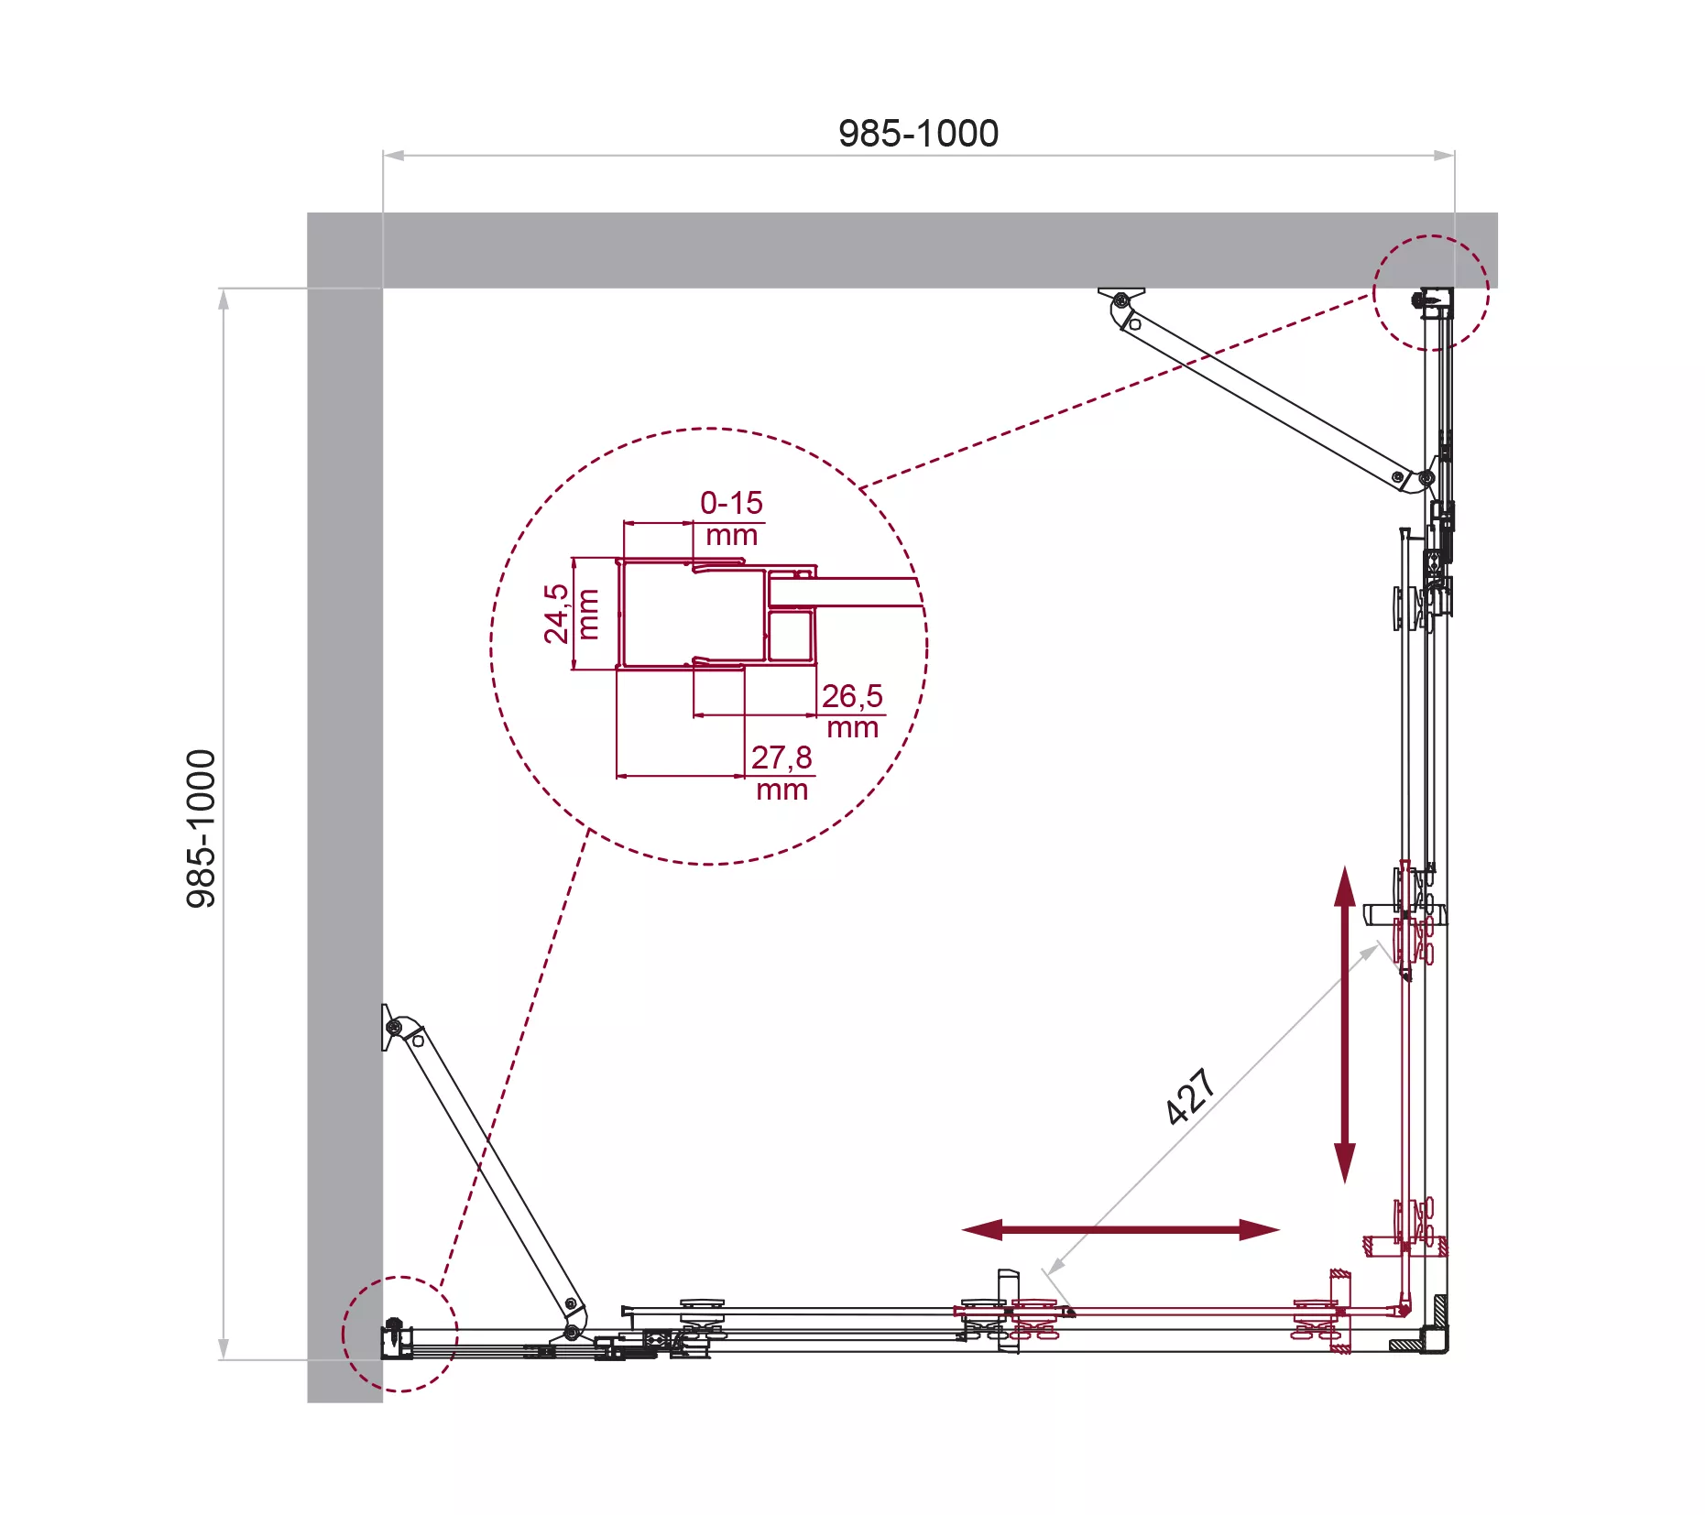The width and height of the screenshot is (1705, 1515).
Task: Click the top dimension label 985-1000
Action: [x=918, y=134]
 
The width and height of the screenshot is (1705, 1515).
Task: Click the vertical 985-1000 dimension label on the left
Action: [x=202, y=829]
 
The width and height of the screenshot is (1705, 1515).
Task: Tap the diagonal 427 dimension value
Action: [x=1190, y=1096]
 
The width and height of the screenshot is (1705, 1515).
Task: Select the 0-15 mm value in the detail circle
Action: [x=731, y=518]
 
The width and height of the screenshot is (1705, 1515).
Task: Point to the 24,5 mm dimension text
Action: [x=571, y=614]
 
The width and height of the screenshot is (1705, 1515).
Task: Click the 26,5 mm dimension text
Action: [x=852, y=711]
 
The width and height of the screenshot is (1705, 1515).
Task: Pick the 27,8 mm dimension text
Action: [x=781, y=773]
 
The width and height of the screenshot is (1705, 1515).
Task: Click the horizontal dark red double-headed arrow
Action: [x=1120, y=1229]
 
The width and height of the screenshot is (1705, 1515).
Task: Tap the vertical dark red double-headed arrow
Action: [x=1344, y=1024]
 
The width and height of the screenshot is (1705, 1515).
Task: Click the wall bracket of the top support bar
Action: [x=1121, y=298]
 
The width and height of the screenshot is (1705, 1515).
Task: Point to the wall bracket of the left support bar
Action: [x=391, y=1027]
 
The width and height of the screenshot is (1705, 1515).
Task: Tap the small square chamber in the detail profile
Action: [x=790, y=636]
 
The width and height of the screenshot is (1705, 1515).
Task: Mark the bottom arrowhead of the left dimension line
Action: [x=223, y=1348]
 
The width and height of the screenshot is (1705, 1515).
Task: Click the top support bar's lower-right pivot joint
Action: [x=1425, y=478]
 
